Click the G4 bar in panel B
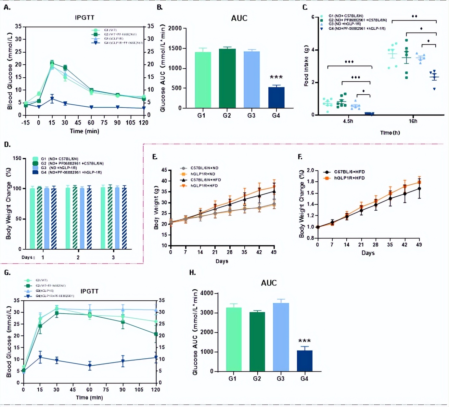276,98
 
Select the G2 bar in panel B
227,78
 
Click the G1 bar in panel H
234,339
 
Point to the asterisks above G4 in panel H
304,341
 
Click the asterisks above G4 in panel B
276,77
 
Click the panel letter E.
155,157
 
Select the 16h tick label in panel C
413,121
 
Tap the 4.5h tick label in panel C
348,121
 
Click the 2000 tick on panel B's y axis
175,28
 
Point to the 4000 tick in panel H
207,293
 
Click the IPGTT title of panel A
84,18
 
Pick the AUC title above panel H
269,283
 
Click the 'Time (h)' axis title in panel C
390,133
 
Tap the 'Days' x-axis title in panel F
368,253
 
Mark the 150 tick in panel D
17,158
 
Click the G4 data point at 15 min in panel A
52,99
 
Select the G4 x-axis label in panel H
304,379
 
